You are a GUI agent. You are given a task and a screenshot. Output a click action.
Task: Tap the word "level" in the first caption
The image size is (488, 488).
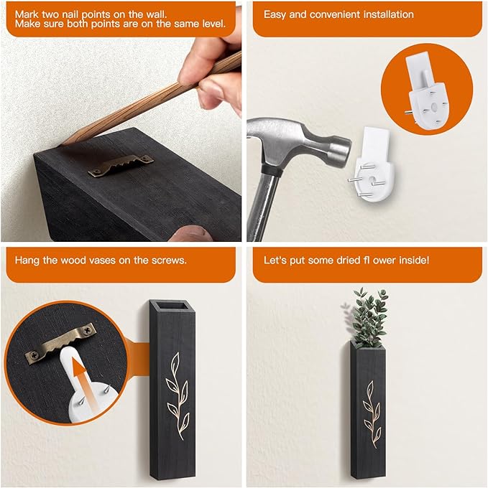pos(213,24)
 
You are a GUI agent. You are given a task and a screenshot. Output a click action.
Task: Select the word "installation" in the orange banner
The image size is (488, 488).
pos(388,14)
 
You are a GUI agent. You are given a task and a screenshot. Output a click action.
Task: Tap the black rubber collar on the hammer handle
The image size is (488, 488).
pos(271,171)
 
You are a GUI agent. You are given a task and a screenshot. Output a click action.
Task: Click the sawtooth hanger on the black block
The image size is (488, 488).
pos(121,164)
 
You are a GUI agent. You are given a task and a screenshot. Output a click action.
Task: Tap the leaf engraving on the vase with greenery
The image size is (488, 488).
pos(372,414)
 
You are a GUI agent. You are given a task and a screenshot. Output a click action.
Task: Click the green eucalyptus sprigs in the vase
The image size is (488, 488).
pos(369,316)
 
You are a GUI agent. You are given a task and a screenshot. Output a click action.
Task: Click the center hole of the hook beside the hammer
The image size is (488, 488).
pos(372,181)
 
